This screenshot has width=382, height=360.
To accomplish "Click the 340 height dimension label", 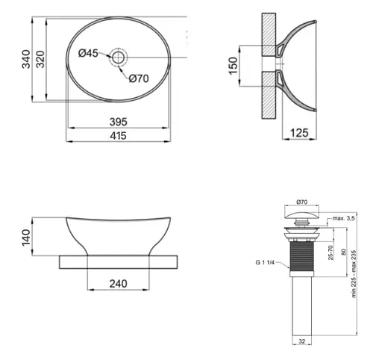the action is [26, 59].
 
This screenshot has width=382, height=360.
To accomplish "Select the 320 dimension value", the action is [40, 59].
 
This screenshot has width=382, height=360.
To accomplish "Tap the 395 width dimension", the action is [119, 122].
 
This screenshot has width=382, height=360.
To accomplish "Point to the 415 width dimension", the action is [119, 136].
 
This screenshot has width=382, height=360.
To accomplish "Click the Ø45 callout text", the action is [88, 53].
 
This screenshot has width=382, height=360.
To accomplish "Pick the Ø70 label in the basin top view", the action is [139, 78].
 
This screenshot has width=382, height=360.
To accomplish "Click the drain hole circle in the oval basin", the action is [119, 58].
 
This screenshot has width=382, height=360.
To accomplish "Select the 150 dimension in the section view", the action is [234, 66].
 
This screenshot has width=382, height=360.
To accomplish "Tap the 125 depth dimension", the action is [299, 133].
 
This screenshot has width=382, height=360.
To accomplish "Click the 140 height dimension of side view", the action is [26, 238].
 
